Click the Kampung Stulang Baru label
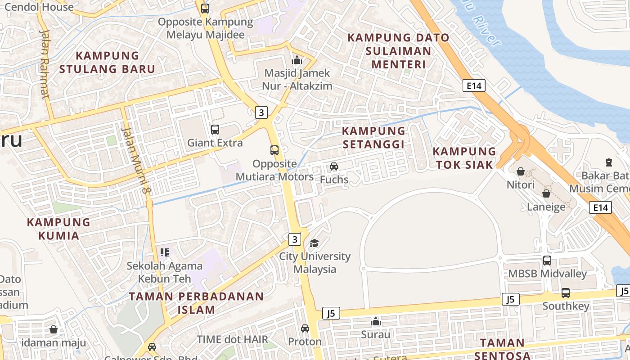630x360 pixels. click(107, 63)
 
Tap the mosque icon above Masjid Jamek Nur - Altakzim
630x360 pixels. click(297, 59)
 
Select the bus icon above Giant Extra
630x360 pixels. click(215, 130)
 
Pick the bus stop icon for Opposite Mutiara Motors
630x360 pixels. click(274, 150)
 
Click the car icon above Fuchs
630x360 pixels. click(334, 166)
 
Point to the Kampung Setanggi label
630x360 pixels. click(373, 137)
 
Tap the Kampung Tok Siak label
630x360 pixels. click(464, 157)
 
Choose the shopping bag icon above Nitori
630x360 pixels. click(521, 171)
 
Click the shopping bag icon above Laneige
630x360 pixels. click(546, 193)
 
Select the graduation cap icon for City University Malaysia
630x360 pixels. click(314, 243)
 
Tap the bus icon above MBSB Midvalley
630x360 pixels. click(547, 260)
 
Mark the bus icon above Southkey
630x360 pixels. click(566, 293)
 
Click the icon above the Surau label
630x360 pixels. click(376, 321)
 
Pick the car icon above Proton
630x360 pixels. click(305, 328)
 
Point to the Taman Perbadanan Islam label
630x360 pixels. click(196, 303)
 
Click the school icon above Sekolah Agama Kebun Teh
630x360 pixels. click(165, 252)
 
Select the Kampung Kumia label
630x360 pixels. click(58, 229)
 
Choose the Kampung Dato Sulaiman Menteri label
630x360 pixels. click(398, 51)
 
